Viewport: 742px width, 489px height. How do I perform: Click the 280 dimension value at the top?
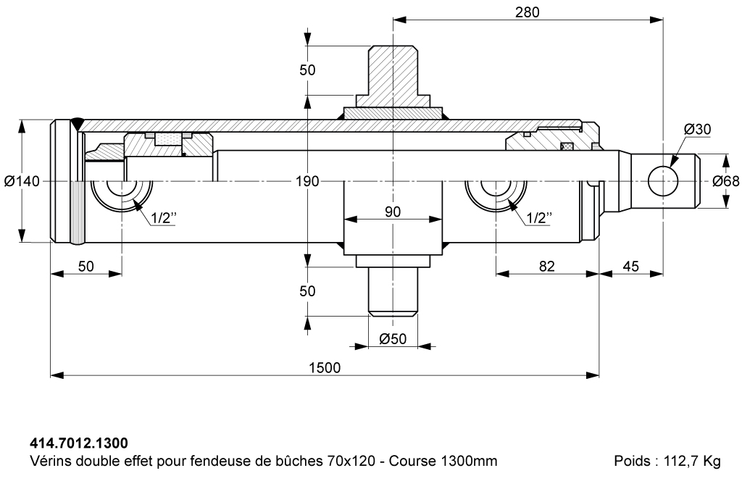528,12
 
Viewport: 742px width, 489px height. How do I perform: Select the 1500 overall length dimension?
324,367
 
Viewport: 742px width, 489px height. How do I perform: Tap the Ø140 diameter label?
21,181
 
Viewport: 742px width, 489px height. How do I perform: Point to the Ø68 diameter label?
725,181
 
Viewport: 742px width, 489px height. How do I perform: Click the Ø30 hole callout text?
697,129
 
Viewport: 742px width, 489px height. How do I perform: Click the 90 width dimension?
393,212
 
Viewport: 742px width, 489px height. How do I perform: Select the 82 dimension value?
547,266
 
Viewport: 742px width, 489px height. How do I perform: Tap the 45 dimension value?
630,266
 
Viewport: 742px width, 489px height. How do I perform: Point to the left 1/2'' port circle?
122,192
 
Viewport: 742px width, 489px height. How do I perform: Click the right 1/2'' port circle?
496,192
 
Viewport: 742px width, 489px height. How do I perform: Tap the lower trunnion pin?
393,290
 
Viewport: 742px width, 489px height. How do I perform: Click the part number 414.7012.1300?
79,441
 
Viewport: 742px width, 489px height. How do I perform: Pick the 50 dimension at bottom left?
86,266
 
